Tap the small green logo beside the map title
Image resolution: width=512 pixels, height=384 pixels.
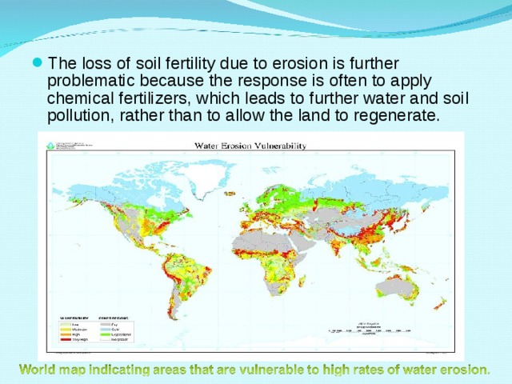coord(50,146)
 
